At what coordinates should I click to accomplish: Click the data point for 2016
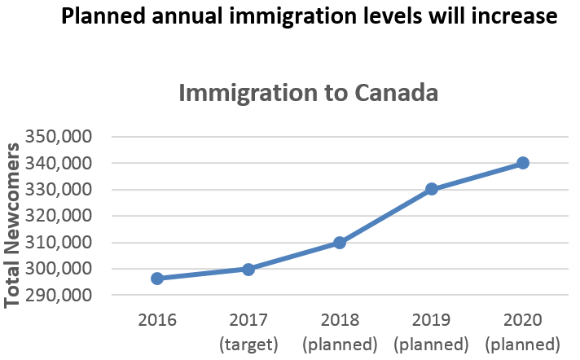tap(157, 279)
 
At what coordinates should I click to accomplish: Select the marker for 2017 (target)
tap(248, 269)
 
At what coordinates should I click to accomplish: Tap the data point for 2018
tap(340, 243)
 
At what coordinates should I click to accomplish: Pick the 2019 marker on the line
tap(432, 189)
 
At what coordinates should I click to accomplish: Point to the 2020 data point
tap(523, 163)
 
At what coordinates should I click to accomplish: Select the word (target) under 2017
tap(248, 344)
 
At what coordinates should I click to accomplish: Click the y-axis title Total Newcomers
tap(14, 225)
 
